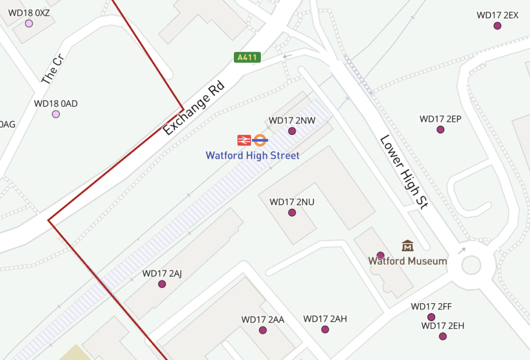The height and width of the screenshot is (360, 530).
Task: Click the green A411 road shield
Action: (246, 57)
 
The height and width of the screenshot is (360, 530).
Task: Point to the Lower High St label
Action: (404, 172)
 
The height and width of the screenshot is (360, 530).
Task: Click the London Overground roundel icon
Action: (260, 140)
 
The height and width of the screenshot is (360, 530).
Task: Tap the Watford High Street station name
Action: (253, 155)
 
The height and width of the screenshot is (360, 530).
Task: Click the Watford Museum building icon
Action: (407, 246)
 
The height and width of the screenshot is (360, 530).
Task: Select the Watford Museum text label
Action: (407, 261)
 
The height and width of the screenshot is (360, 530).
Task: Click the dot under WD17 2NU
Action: (292, 213)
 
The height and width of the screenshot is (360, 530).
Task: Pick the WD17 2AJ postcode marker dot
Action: (162, 284)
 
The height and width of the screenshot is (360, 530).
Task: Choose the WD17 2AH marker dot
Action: (325, 329)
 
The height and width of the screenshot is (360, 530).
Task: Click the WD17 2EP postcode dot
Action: (440, 129)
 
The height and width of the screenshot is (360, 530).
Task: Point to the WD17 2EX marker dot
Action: (497, 26)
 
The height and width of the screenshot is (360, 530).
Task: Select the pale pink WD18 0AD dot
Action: (56, 114)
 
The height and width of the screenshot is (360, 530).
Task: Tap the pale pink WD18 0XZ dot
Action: (29, 24)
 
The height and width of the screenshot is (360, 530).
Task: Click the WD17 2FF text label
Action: (432, 307)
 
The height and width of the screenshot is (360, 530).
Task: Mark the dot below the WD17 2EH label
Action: (443, 336)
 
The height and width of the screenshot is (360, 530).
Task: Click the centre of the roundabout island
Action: (472, 265)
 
